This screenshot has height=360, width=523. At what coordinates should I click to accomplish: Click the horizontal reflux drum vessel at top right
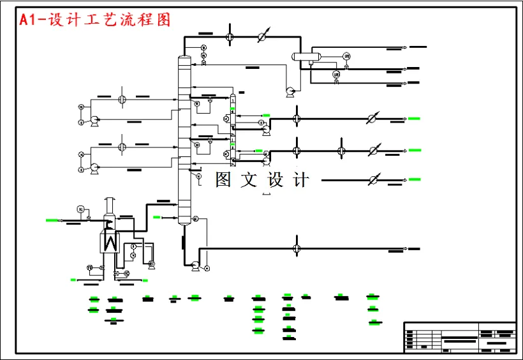click(306, 57)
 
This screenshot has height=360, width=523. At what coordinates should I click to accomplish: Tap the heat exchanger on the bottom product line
click(297, 248)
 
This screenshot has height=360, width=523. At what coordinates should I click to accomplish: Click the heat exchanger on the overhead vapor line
click(230, 36)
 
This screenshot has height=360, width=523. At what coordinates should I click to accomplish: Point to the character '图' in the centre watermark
click(223, 180)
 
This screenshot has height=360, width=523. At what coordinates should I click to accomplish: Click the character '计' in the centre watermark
click(301, 180)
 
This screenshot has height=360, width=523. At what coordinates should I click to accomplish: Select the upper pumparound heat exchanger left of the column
click(122, 99)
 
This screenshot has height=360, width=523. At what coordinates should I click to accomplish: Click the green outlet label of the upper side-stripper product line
click(415, 118)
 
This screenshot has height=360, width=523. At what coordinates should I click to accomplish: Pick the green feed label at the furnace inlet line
click(52, 220)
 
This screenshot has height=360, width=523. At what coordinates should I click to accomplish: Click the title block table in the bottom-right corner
click(459, 336)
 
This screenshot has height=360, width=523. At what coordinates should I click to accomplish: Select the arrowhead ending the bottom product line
click(406, 248)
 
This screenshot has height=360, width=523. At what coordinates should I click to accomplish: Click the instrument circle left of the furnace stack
click(80, 209)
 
